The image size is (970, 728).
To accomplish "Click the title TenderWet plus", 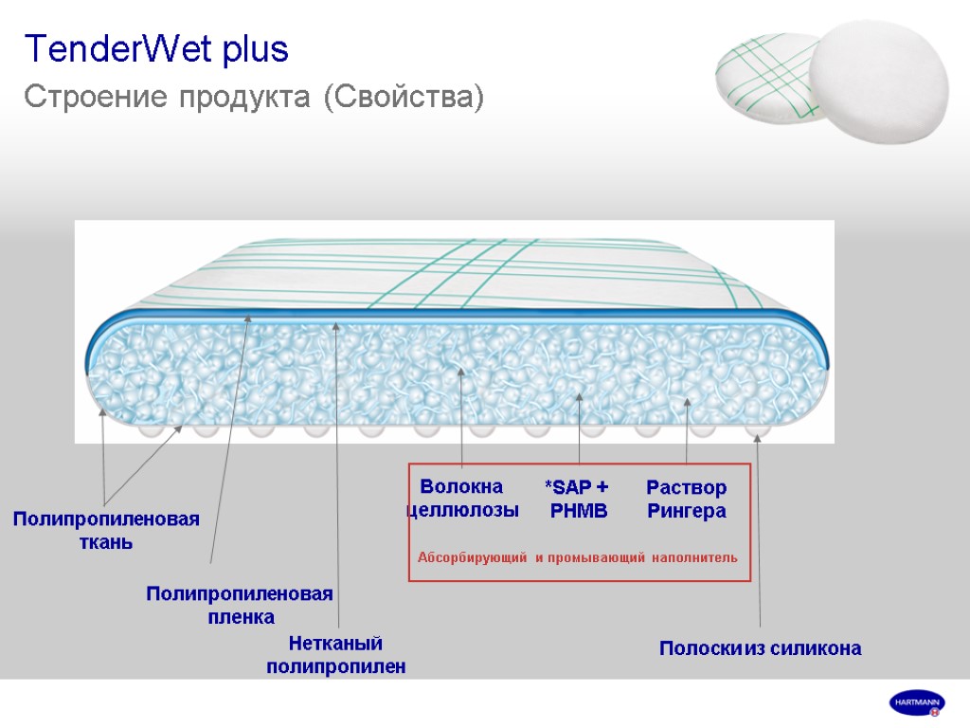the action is pyautogui.click(x=156, y=49).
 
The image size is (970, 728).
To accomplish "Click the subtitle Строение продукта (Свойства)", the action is pyautogui.click(x=254, y=97).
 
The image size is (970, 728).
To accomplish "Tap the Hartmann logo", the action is pyautogui.click(x=916, y=703).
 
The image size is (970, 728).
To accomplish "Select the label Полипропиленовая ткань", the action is pyautogui.click(x=106, y=531).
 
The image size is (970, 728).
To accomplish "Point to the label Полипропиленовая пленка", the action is pyautogui.click(x=240, y=605).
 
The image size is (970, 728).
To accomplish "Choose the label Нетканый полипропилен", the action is pyautogui.click(x=336, y=655).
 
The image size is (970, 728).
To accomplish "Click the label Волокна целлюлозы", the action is pyautogui.click(x=462, y=499).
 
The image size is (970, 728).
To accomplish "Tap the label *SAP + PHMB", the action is pyautogui.click(x=577, y=499).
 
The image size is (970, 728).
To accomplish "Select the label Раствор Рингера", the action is pyautogui.click(x=687, y=500).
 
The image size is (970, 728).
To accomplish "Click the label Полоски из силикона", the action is pyautogui.click(x=760, y=649).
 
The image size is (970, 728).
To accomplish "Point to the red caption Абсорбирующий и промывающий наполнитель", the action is pyautogui.click(x=577, y=557).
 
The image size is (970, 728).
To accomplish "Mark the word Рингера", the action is pyautogui.click(x=687, y=511).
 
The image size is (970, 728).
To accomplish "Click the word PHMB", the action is pyautogui.click(x=579, y=511).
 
